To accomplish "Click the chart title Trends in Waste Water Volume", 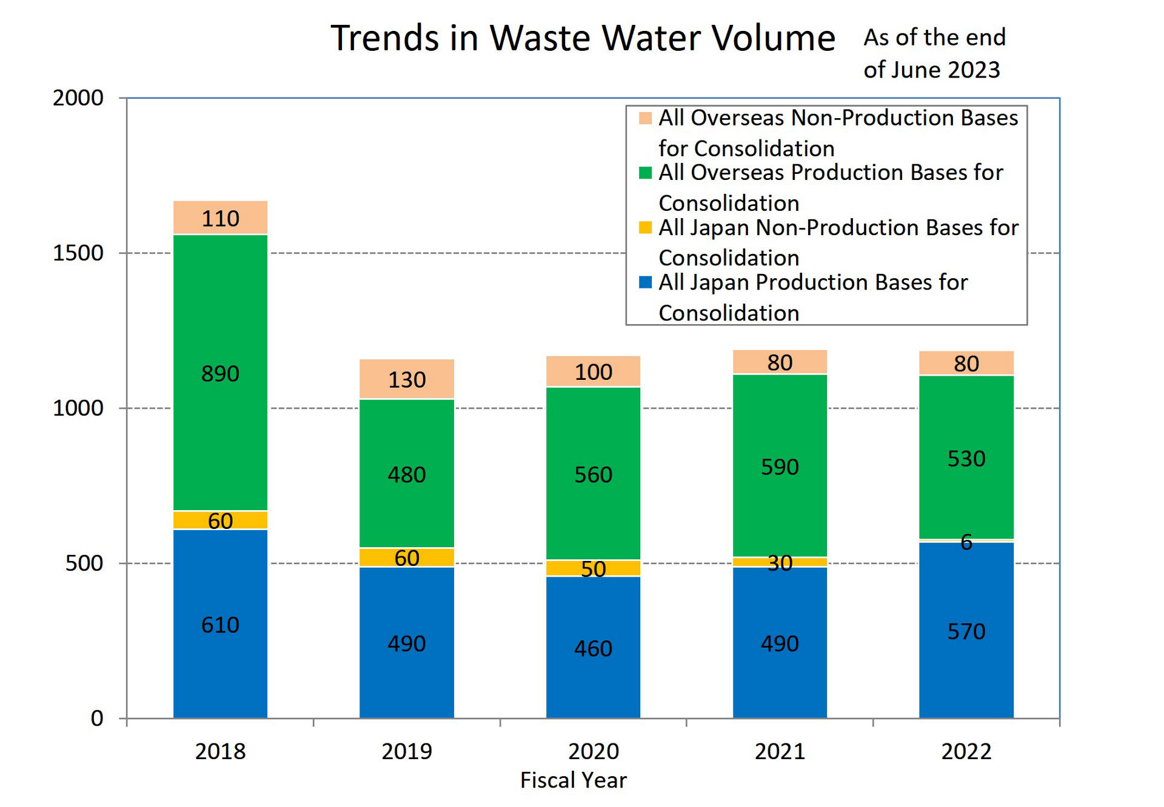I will [x=582, y=38].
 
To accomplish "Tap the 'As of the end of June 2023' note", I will [x=934, y=53].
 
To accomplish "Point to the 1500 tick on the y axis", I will [x=78, y=253].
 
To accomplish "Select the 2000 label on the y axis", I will [x=78, y=98].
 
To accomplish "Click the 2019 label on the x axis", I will [x=406, y=751].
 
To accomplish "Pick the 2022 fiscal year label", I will [x=966, y=751].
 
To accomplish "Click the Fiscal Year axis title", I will [x=573, y=780].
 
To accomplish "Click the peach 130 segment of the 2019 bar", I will [x=406, y=379].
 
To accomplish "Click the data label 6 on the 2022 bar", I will [x=966, y=542].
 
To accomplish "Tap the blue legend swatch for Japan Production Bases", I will [x=645, y=282].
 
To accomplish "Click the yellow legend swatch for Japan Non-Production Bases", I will [x=645, y=228].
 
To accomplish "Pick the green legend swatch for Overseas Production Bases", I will [x=645, y=173].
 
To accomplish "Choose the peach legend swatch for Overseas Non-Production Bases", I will [x=645, y=118].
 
